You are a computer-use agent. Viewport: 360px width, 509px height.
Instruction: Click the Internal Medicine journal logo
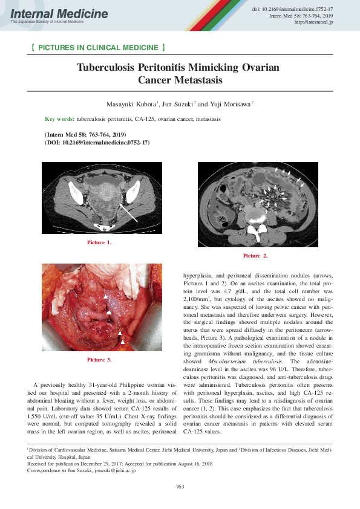pos(59,15)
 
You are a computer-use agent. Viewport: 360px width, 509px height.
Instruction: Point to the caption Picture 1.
pos(99,242)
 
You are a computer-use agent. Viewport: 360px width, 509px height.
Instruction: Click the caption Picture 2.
pos(255,256)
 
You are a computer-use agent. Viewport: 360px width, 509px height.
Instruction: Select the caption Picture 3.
pos(99,360)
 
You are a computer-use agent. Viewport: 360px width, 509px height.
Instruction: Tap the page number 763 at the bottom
pos(180,486)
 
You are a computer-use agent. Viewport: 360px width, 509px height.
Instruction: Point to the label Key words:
pos(60,119)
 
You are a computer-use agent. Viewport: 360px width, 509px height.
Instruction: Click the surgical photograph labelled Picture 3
pos(102,308)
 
